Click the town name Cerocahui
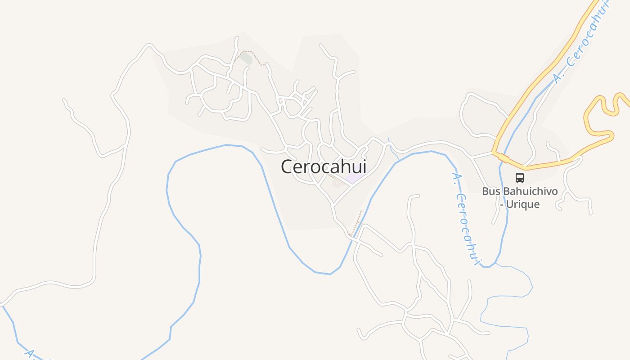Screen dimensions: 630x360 (324, 166)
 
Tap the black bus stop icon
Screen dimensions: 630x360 (520, 178)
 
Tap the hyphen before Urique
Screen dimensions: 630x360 (502, 204)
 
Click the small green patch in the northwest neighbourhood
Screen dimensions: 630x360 (246, 59)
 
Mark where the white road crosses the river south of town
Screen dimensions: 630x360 (351, 238)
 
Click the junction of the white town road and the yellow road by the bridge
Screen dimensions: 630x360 (494, 153)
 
